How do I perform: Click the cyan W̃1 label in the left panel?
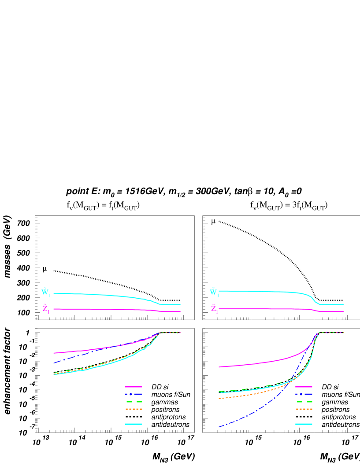tap(46, 292)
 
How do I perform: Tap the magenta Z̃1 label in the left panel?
tap(46, 309)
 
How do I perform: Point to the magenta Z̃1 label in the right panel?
tap(214, 309)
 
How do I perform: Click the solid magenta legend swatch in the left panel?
tap(133, 387)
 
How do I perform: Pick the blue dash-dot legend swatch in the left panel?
tap(133, 394)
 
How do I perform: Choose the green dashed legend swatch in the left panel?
tap(133, 402)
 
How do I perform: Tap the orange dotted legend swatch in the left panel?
tap(133, 409)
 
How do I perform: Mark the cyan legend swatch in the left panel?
tap(133, 424)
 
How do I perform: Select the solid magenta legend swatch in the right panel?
tap(304, 387)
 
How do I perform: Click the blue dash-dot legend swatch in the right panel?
tap(304, 394)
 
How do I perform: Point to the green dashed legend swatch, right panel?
tap(304, 402)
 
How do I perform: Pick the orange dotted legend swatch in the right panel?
tap(304, 409)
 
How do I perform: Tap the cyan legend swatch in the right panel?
tap(304, 424)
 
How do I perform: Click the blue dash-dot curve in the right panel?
tap(247, 415)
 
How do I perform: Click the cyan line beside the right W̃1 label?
tap(264, 292)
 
